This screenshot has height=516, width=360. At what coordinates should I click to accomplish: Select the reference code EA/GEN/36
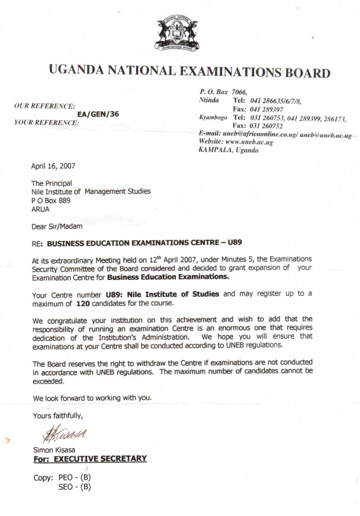click(x=98, y=114)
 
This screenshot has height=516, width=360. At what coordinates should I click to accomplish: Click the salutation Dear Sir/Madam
click(x=57, y=225)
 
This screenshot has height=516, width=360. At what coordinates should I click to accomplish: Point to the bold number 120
click(x=83, y=303)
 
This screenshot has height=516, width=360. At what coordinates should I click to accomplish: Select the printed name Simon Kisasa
click(x=57, y=450)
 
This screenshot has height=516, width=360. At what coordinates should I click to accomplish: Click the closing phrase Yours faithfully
click(x=58, y=415)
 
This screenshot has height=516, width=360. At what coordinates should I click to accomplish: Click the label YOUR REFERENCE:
click(x=46, y=122)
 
